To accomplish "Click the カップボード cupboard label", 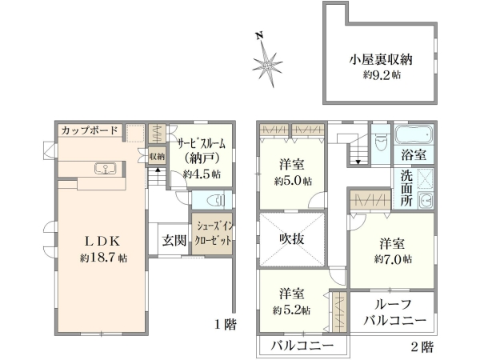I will (x=89, y=130).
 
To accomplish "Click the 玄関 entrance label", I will (x=174, y=240).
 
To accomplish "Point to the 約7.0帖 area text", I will (x=393, y=259).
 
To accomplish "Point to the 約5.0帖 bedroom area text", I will (x=293, y=180).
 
